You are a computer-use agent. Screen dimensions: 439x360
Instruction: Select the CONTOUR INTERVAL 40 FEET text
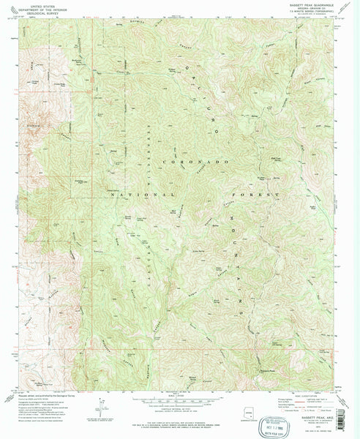tap(179, 410)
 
